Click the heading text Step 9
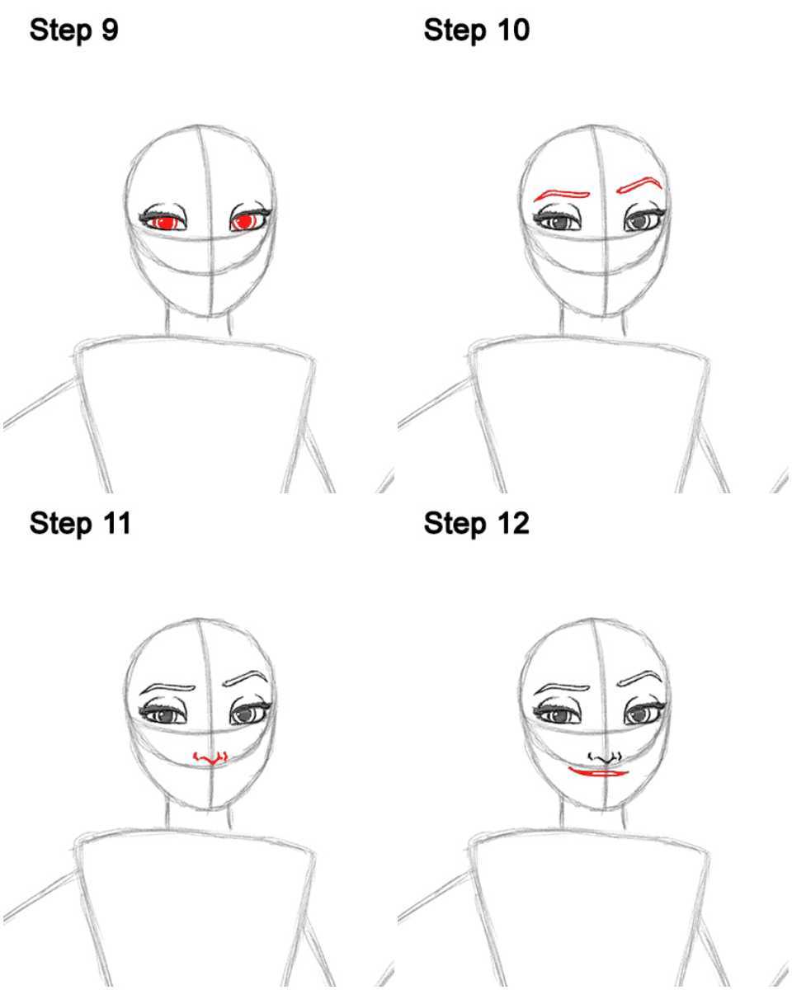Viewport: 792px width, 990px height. click(73, 31)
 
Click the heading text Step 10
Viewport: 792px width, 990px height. click(476, 31)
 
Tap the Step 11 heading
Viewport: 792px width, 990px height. click(80, 525)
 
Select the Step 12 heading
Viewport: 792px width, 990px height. click(476, 525)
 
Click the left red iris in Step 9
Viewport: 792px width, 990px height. click(165, 223)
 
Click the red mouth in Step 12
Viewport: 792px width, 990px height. click(598, 772)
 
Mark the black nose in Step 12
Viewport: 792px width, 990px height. click(606, 757)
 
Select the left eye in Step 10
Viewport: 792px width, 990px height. click(558, 220)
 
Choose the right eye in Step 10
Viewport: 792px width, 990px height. click(644, 218)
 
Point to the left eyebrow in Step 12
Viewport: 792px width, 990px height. click(562, 689)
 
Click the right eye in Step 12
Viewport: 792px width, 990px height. click(644, 712)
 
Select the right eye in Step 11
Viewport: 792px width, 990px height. click(249, 712)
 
